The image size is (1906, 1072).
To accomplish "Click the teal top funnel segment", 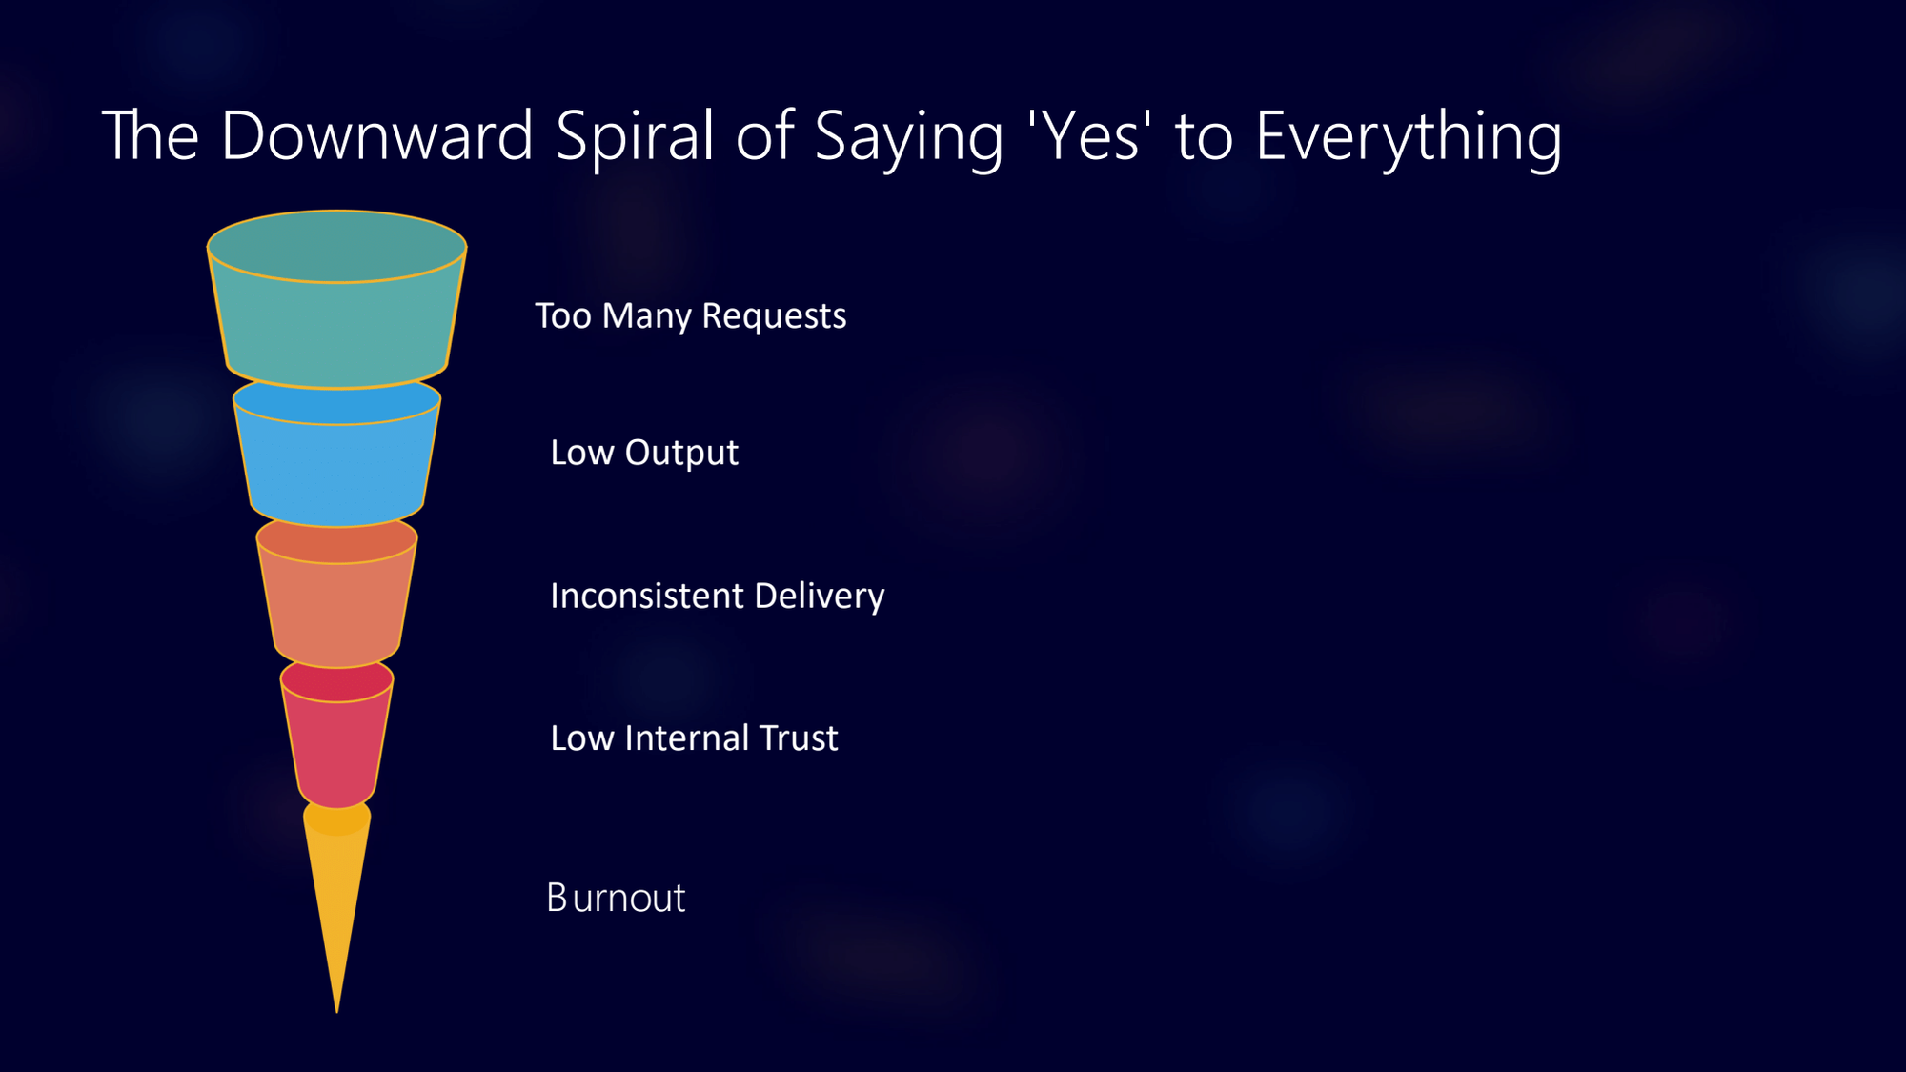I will click(336, 314).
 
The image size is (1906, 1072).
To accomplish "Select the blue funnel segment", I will click(336, 467).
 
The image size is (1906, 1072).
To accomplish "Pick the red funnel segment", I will click(336, 748).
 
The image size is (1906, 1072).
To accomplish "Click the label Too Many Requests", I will click(690, 316).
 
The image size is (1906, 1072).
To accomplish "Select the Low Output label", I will click(644, 453).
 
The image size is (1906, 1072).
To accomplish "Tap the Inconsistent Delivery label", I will click(717, 597).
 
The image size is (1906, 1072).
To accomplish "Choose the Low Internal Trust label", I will click(694, 738).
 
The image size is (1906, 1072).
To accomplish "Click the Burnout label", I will click(616, 898).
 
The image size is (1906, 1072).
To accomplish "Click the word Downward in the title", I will click(376, 135).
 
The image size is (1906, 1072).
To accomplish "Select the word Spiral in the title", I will click(635, 137).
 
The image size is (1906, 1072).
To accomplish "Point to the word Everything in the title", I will click(1409, 137).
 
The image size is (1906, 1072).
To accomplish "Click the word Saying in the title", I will click(909, 137).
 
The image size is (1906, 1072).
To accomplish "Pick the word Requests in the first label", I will click(774, 316).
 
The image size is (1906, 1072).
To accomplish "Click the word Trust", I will click(799, 738).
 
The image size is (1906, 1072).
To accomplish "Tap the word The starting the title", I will click(150, 135).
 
